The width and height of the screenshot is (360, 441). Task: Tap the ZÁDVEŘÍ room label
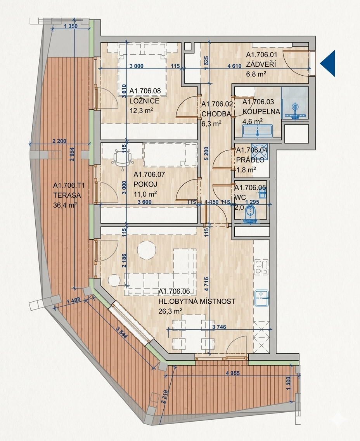tap(261, 64)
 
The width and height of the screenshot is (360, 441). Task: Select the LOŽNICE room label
tap(144, 101)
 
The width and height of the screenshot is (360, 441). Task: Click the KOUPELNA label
tap(261, 112)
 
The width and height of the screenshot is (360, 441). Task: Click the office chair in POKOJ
tap(122, 159)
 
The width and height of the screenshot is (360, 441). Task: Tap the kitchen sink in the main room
tap(262, 298)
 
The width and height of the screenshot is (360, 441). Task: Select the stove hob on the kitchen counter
tap(262, 266)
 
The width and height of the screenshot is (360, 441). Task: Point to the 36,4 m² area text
tap(65, 205)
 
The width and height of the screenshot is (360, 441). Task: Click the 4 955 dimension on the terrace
tap(233, 374)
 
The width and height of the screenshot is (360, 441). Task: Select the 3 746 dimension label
tap(219, 327)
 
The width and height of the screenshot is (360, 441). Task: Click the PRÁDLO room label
tap(250, 160)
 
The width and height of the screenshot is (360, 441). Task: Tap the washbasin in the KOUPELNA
tap(257, 131)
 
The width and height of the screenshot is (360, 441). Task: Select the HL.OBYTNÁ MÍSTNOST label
tap(197, 301)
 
